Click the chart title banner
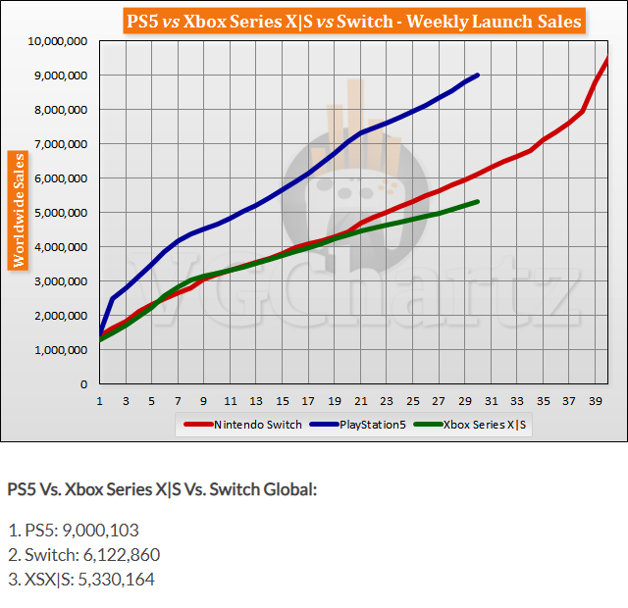coord(353,21)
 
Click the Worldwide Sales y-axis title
coord(17,210)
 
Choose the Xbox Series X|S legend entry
coord(486,425)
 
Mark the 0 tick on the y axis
coord(84,384)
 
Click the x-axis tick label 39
coord(595,400)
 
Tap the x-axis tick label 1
coord(100,400)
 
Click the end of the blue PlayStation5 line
coord(478,75)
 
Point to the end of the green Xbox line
coord(478,201)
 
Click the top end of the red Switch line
coord(607,59)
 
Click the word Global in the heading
coord(290,488)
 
